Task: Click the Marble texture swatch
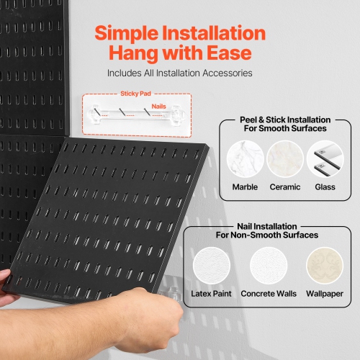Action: [x=245, y=159]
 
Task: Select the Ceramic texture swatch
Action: [x=285, y=159]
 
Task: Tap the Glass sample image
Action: [x=325, y=159]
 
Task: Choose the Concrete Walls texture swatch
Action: [x=268, y=267]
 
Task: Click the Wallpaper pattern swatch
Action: [x=325, y=267]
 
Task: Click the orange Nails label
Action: [x=160, y=106]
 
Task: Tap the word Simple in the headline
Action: [x=132, y=33]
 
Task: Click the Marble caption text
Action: [x=245, y=187]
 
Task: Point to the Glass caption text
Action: [x=325, y=187]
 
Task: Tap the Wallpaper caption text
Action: [x=325, y=294]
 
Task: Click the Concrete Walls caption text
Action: [x=268, y=294]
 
